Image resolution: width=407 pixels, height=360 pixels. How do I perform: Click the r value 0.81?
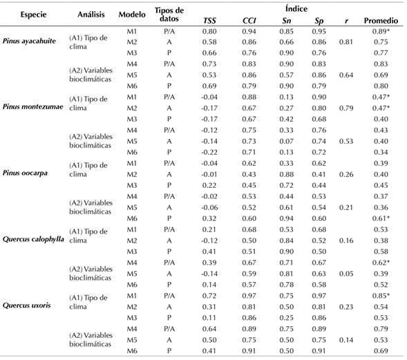pos(345,42)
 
